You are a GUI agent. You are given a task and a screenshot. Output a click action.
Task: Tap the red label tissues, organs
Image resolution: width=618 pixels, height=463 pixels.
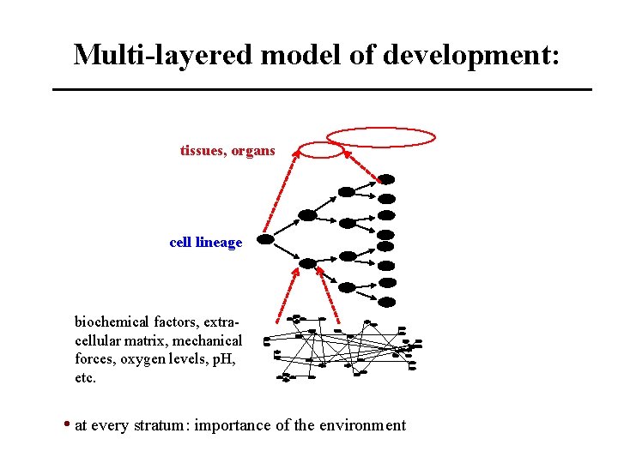click(x=227, y=151)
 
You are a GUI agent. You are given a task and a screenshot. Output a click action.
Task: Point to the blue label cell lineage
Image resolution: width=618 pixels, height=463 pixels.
click(x=206, y=243)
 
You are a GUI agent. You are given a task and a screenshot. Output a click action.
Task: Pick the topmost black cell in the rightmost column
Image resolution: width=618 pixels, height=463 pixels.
click(x=387, y=180)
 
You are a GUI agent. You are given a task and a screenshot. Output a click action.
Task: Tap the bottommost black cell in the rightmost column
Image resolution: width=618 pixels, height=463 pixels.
click(x=387, y=302)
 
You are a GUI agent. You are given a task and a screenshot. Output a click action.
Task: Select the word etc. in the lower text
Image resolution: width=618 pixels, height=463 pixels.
click(x=86, y=377)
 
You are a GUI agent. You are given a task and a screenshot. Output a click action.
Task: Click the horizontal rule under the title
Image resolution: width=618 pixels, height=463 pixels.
click(x=322, y=89)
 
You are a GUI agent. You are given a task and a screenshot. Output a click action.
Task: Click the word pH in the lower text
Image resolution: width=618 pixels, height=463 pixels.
click(x=222, y=359)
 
